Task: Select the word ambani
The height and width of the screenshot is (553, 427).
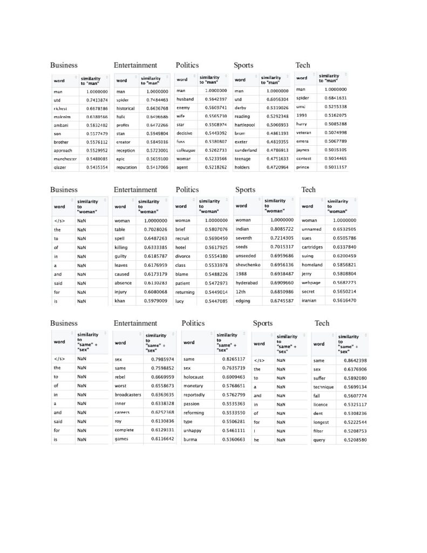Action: tap(61, 125)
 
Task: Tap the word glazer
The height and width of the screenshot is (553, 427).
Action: tap(60, 167)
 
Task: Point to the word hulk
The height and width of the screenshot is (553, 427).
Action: tap(121, 116)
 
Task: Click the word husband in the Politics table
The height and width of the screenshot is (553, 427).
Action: tap(185, 99)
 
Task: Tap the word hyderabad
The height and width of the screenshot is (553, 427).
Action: tap(247, 282)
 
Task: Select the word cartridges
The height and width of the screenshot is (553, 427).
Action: tap(312, 247)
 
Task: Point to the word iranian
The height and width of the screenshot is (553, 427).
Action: tap(309, 300)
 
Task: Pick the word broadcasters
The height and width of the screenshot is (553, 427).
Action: tap(128, 395)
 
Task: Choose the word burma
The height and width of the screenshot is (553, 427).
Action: tap(190, 439)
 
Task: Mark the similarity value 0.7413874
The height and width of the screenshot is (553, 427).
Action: tap(97, 100)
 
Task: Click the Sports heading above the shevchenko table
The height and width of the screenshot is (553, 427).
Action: tap(245, 190)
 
